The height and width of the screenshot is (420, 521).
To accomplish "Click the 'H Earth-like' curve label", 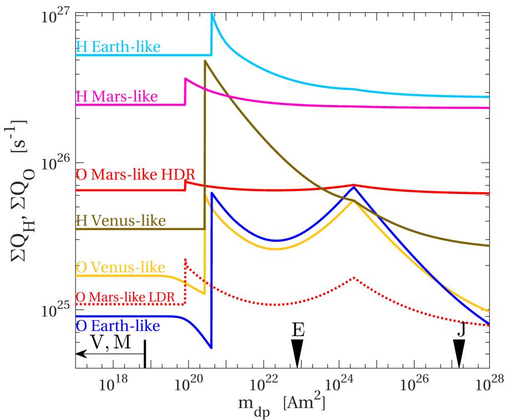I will [x=118, y=47].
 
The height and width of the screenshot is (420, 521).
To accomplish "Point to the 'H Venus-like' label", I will [x=120, y=221].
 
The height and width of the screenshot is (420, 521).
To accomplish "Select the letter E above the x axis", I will [x=298, y=330].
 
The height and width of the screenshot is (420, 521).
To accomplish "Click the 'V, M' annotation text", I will [x=110, y=343].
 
